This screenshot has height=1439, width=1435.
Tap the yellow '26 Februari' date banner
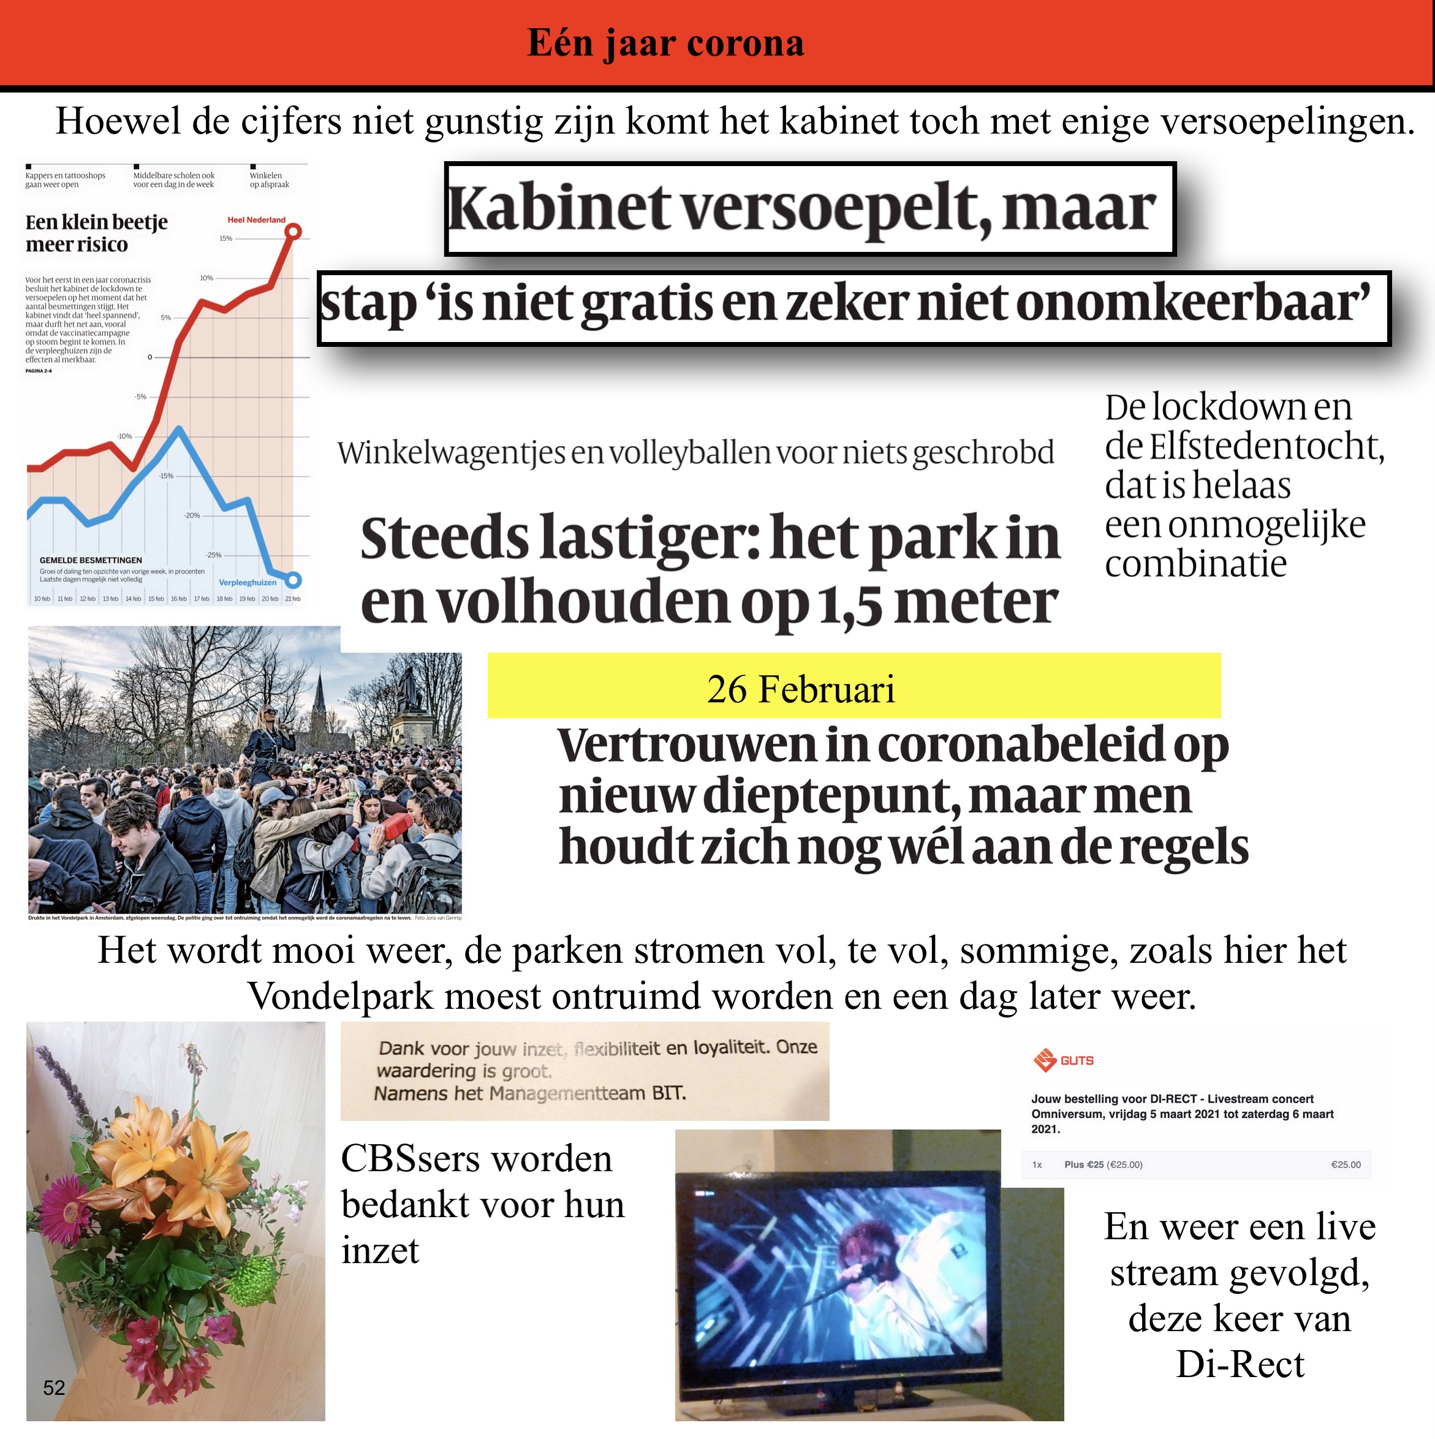click(x=854, y=685)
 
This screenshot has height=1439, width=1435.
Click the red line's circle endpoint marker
click(x=293, y=232)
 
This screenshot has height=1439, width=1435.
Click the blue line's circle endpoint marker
click(x=293, y=580)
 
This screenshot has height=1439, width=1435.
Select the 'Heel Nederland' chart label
click(x=256, y=220)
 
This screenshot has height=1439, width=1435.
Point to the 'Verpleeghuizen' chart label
click(x=247, y=582)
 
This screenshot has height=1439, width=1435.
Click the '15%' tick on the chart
click(x=225, y=238)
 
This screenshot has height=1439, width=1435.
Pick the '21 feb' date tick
click(x=293, y=599)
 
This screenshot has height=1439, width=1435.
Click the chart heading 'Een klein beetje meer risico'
click(x=96, y=233)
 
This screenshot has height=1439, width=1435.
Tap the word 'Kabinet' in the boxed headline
click(x=559, y=208)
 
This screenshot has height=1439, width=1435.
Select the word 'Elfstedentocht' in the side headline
click(x=1266, y=446)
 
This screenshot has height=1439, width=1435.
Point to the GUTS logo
click(x=1064, y=1060)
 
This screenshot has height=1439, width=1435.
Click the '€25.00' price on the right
click(x=1345, y=1164)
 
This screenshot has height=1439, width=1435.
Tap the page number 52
click(x=54, y=1387)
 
